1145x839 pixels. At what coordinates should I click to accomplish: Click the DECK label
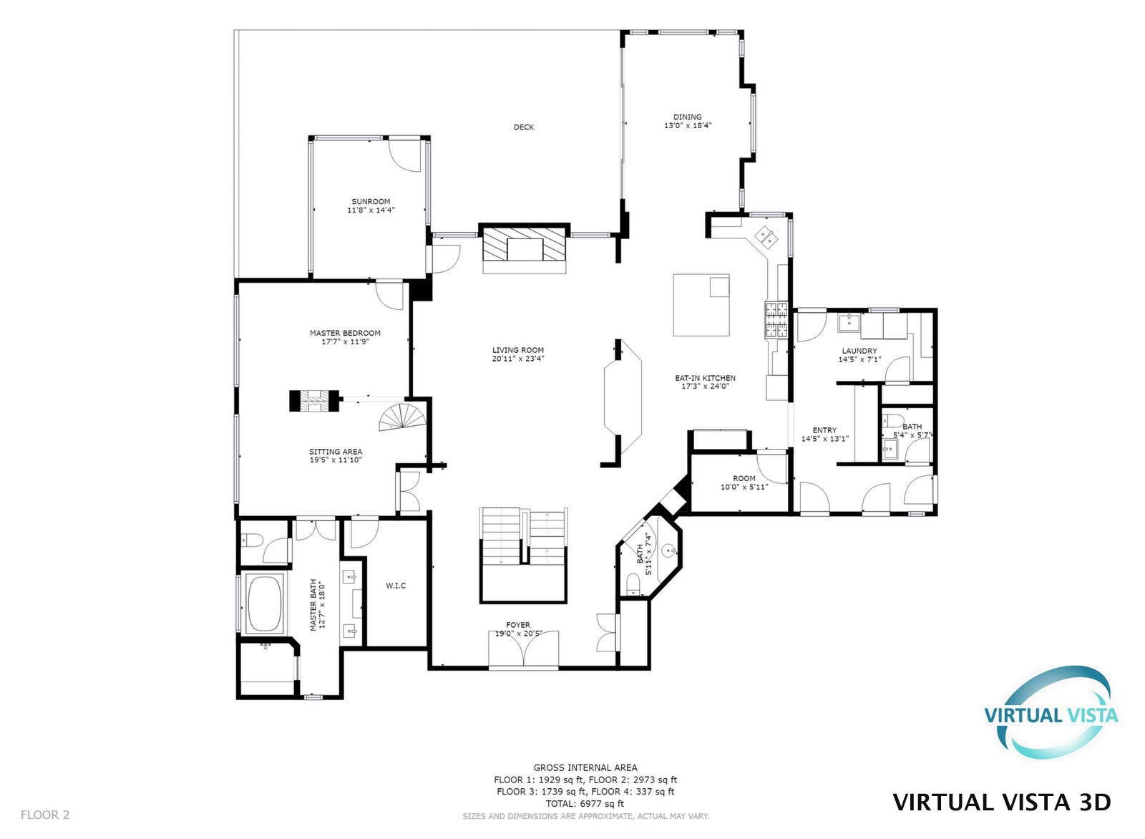point(523,127)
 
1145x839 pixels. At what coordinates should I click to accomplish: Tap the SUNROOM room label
point(371,201)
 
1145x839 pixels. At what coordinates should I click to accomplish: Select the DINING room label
point(688,117)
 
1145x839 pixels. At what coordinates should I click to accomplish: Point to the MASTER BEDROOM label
point(345,334)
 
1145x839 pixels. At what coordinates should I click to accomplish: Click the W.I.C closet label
point(396,586)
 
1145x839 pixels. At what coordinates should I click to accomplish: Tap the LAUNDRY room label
point(859,351)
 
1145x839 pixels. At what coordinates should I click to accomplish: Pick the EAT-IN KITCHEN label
point(705,378)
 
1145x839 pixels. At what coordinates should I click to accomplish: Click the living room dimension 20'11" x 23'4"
point(518,359)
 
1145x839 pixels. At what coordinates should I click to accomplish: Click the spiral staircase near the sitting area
point(403,417)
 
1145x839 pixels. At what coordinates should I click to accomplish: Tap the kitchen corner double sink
point(766,237)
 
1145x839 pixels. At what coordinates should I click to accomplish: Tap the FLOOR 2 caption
point(45,815)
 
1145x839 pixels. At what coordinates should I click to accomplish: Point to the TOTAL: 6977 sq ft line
point(585,804)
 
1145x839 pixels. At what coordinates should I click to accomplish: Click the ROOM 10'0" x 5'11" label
point(744,482)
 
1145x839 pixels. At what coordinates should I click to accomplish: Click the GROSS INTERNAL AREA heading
point(585,767)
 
